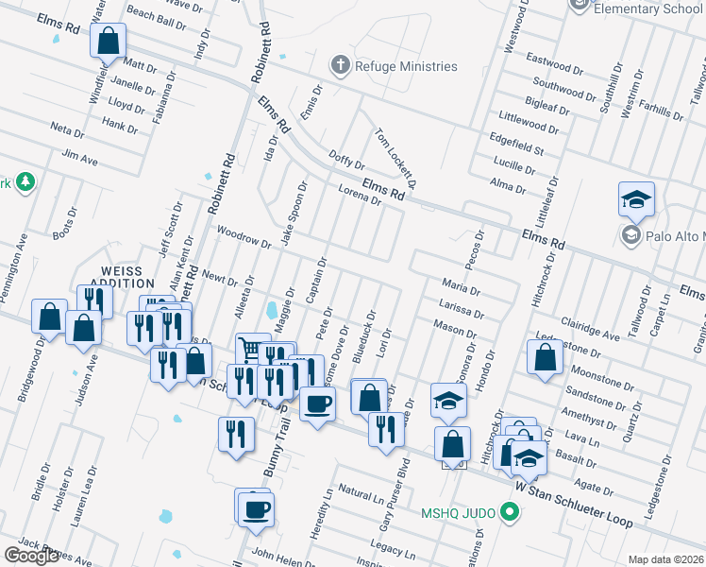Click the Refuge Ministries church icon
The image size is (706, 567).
(x=341, y=66)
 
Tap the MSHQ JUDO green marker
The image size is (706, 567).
(x=511, y=514)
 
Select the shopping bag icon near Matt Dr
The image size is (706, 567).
(x=109, y=42)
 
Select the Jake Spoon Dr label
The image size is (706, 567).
(x=293, y=214)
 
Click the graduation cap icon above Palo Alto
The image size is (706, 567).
(x=637, y=199)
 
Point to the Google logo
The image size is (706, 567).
(x=31, y=556)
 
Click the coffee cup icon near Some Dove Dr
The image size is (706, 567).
(x=317, y=404)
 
